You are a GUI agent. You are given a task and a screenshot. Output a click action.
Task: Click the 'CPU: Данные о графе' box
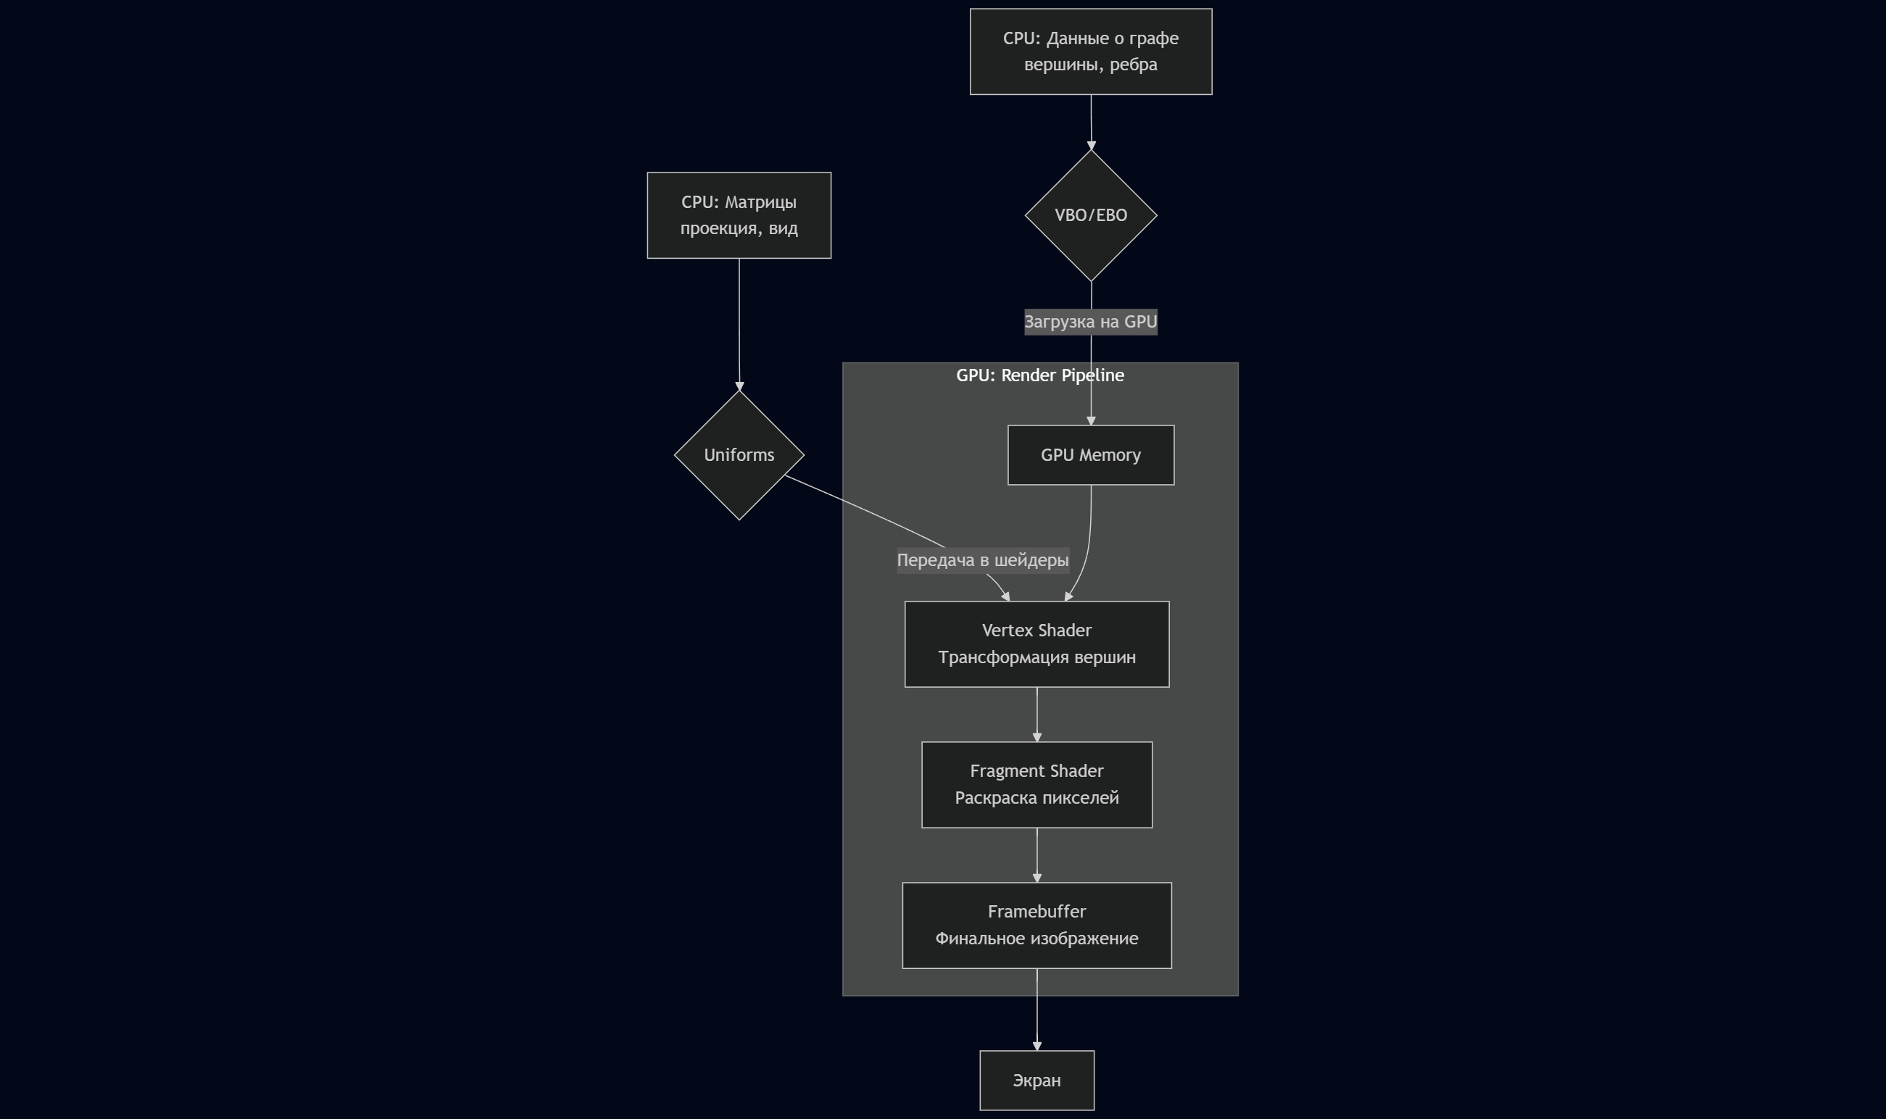(1090, 51)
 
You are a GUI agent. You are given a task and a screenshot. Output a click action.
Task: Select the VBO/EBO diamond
(1090, 216)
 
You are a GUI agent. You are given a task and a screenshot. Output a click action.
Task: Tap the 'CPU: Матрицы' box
(739, 216)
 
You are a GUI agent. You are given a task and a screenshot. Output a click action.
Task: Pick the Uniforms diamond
(739, 455)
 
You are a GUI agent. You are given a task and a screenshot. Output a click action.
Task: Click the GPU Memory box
(1090, 455)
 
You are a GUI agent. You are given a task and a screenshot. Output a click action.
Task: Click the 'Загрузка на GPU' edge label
(1090, 322)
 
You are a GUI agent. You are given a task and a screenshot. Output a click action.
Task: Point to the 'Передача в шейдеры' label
(982, 560)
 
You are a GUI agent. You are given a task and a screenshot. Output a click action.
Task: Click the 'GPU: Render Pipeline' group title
(1039, 375)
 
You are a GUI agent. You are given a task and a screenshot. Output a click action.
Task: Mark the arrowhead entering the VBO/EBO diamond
(1091, 146)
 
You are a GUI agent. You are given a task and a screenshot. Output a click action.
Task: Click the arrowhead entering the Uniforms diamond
(739, 386)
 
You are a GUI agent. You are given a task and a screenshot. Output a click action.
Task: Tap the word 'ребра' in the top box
(1133, 65)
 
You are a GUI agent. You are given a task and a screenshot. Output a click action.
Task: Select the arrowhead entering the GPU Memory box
(1090, 421)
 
